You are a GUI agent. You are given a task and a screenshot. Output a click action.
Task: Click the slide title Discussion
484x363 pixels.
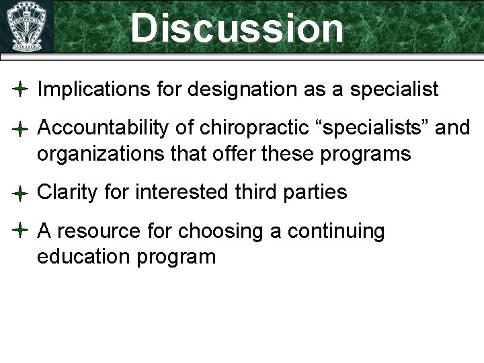[237, 28]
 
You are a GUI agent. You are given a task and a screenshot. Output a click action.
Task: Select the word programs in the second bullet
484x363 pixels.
[368, 154]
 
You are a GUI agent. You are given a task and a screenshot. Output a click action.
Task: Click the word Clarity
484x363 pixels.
[67, 193]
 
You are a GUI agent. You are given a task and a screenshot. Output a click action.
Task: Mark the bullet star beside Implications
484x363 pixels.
[20, 89]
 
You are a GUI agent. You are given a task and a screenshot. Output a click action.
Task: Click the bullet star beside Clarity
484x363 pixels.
[20, 194]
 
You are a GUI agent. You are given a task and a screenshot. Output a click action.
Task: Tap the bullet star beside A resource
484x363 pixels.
[20, 231]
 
